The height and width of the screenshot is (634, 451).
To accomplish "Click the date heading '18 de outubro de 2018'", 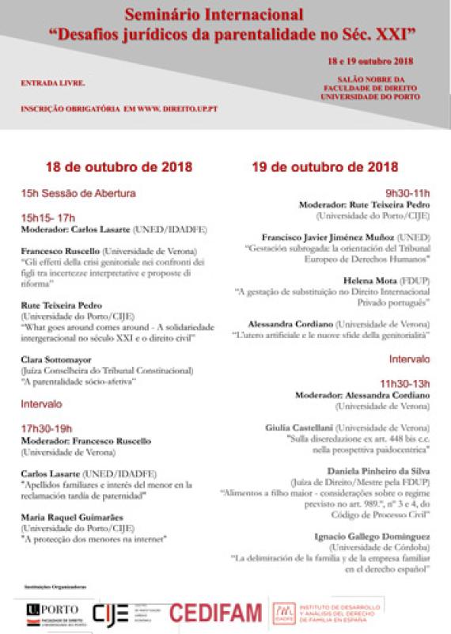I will (119, 168).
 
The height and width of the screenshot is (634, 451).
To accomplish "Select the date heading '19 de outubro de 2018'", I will (324, 167).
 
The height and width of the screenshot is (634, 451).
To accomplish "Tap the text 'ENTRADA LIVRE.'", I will (53, 82).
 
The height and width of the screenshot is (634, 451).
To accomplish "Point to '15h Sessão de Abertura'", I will (78, 192).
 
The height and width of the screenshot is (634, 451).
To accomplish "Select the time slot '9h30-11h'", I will (407, 192).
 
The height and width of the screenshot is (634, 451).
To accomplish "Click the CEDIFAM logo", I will (216, 613).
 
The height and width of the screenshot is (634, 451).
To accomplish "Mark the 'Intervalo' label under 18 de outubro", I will (42, 404).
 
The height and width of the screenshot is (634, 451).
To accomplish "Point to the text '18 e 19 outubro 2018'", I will (370, 61).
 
